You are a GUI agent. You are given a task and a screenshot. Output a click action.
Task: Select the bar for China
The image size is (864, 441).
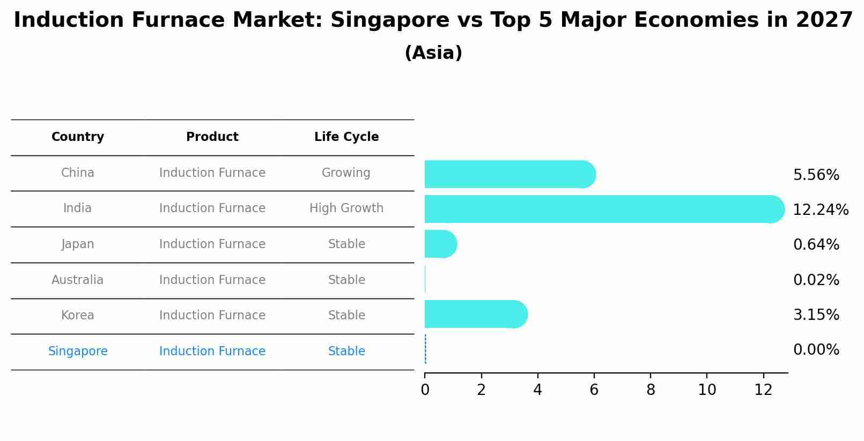pos(509,174)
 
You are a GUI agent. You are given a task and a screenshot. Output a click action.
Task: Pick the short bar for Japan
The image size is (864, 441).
pos(440,244)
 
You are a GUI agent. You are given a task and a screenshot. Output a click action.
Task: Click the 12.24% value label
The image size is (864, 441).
pos(820,210)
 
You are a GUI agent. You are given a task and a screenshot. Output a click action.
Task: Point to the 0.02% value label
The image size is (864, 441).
pos(816,280)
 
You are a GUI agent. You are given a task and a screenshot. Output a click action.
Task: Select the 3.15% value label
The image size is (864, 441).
pos(816,315)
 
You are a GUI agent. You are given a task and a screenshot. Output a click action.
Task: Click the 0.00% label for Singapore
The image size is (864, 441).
pos(816,350)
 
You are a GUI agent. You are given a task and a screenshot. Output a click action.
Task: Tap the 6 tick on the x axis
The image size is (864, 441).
pos(594,390)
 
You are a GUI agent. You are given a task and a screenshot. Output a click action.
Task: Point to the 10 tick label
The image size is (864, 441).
pos(706,390)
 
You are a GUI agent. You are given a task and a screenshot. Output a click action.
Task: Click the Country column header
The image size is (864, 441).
pos(78,137)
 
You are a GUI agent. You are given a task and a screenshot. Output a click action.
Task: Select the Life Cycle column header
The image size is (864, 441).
pos(346,137)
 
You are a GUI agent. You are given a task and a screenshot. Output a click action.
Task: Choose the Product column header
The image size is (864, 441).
pos(212,137)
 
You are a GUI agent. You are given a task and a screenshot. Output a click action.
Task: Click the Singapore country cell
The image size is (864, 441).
pos(78,352)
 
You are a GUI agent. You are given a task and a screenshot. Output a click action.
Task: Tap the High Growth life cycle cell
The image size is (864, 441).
pos(346,208)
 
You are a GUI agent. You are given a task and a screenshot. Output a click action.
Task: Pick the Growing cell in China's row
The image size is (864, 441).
pos(346,173)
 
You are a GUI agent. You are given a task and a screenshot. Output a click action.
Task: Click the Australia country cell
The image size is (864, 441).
pos(78,280)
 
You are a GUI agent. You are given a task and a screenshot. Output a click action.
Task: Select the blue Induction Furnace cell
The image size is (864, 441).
pos(212,352)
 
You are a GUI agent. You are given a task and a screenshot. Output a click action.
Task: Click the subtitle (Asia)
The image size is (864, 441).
pos(433,53)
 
